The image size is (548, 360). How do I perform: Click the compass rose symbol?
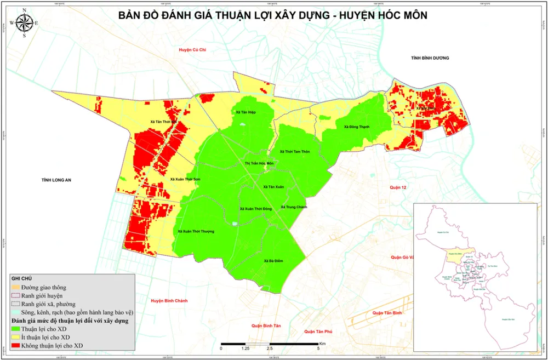tap(24, 24)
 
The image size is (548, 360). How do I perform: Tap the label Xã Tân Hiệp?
tap(246, 112)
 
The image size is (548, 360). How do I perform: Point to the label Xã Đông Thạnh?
tap(357, 127)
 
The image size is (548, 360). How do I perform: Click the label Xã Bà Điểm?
tap(272, 261)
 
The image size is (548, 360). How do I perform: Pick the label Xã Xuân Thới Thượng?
tap(196, 231)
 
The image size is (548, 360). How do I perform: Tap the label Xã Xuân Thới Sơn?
tap(185, 179)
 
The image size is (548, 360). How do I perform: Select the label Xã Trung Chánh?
tap(294, 207)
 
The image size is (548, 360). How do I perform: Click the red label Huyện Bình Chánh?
tap(169, 301)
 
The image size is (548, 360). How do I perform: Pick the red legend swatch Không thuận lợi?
tap(16, 346)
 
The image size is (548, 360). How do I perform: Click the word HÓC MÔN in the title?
tap(400, 16)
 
